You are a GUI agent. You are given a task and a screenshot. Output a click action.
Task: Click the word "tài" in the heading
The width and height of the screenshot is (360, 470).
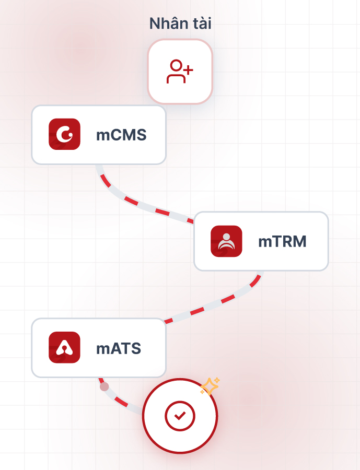click(201, 23)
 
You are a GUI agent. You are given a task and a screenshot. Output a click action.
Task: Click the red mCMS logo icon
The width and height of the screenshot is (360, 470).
click(64, 135)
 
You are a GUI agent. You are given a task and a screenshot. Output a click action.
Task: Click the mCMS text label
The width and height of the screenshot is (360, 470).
click(121, 135)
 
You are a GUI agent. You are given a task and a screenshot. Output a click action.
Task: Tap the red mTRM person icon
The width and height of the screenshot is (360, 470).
click(226, 241)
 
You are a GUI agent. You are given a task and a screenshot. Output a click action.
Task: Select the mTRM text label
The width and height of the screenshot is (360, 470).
click(282, 241)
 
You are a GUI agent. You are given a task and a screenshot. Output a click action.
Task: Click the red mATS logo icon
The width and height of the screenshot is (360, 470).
click(64, 347)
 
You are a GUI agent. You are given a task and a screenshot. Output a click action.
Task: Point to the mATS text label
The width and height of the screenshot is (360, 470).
click(119, 348)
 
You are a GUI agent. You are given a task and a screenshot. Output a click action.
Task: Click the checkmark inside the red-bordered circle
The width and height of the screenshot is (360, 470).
click(180, 416)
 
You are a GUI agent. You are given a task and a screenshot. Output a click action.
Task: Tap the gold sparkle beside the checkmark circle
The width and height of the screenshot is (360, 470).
click(210, 386)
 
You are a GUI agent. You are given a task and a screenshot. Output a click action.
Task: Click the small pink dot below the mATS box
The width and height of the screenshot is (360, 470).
click(104, 386)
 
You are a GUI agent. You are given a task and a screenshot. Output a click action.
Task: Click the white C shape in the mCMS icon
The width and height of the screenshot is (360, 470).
click(65, 135)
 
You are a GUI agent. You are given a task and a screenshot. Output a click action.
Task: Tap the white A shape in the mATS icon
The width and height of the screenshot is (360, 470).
click(64, 347)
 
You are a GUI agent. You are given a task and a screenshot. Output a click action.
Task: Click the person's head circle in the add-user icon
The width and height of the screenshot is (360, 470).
click(176, 66)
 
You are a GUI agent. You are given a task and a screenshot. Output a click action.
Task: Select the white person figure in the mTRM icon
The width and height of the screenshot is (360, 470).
click(226, 242)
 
